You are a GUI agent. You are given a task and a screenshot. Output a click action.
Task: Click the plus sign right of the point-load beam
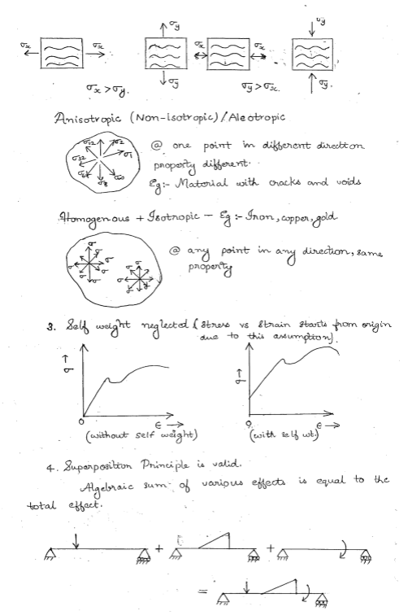tap(162, 547)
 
